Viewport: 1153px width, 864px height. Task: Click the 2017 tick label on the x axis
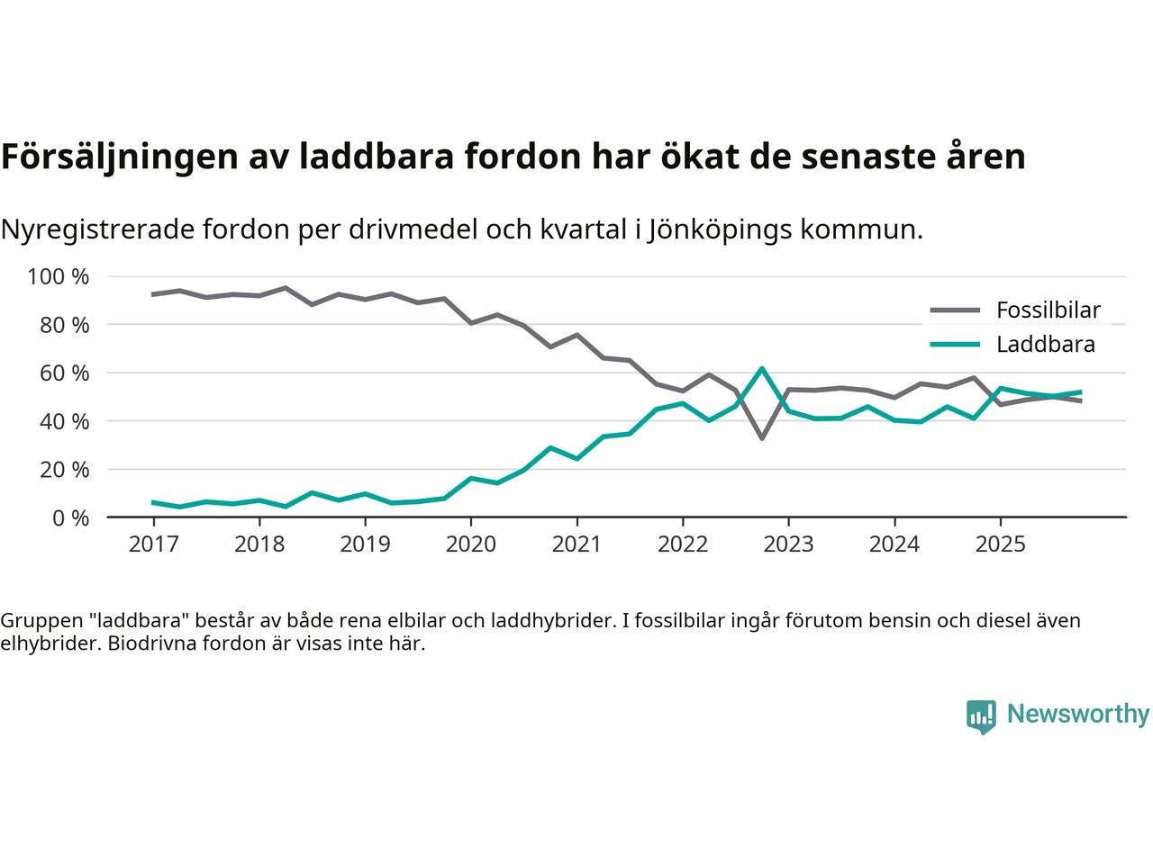(153, 544)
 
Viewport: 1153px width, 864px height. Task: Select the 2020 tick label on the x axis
(470, 544)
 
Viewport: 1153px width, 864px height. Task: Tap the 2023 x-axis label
(788, 544)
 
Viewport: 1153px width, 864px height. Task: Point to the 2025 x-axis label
(1000, 544)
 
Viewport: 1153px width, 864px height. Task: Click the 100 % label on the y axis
(59, 276)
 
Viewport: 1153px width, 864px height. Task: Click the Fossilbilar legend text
(1048, 310)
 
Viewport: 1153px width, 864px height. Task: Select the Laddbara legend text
(1045, 344)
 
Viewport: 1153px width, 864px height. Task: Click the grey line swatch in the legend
(954, 310)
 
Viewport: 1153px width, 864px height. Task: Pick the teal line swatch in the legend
(954, 344)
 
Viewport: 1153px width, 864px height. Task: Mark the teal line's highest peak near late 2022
(762, 368)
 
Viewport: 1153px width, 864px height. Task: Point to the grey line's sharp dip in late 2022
(762, 438)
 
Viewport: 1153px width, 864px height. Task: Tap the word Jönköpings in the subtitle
(721, 229)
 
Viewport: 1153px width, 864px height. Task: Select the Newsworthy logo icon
(982, 716)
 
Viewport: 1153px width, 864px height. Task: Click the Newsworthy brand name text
(1078, 715)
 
